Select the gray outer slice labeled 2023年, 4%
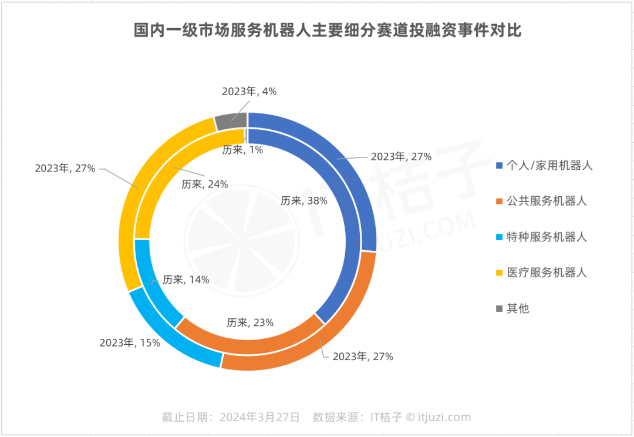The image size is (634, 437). coord(230,121)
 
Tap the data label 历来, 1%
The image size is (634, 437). coord(242,150)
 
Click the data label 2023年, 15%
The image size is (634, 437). coord(130,342)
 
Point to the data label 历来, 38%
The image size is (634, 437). coord(303,200)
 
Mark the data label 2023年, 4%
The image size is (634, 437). coord(249,91)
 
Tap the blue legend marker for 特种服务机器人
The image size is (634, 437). coord(500,237)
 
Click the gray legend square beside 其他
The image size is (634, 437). coord(500,308)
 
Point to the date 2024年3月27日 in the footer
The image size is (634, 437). coord(259,417)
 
